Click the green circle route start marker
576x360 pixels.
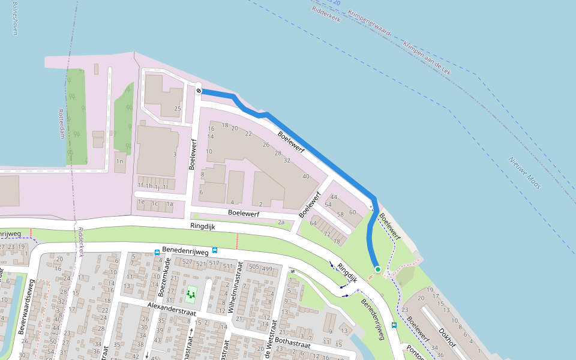377,269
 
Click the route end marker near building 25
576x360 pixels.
198,91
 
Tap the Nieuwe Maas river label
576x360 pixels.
525,173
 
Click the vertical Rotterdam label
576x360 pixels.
62,124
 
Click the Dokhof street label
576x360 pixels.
448,338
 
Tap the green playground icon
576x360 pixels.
191,294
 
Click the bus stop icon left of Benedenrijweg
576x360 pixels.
157,253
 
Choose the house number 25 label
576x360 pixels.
177,109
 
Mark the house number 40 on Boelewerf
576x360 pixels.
306,176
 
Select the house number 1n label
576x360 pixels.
119,161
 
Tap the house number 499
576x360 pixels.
267,268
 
